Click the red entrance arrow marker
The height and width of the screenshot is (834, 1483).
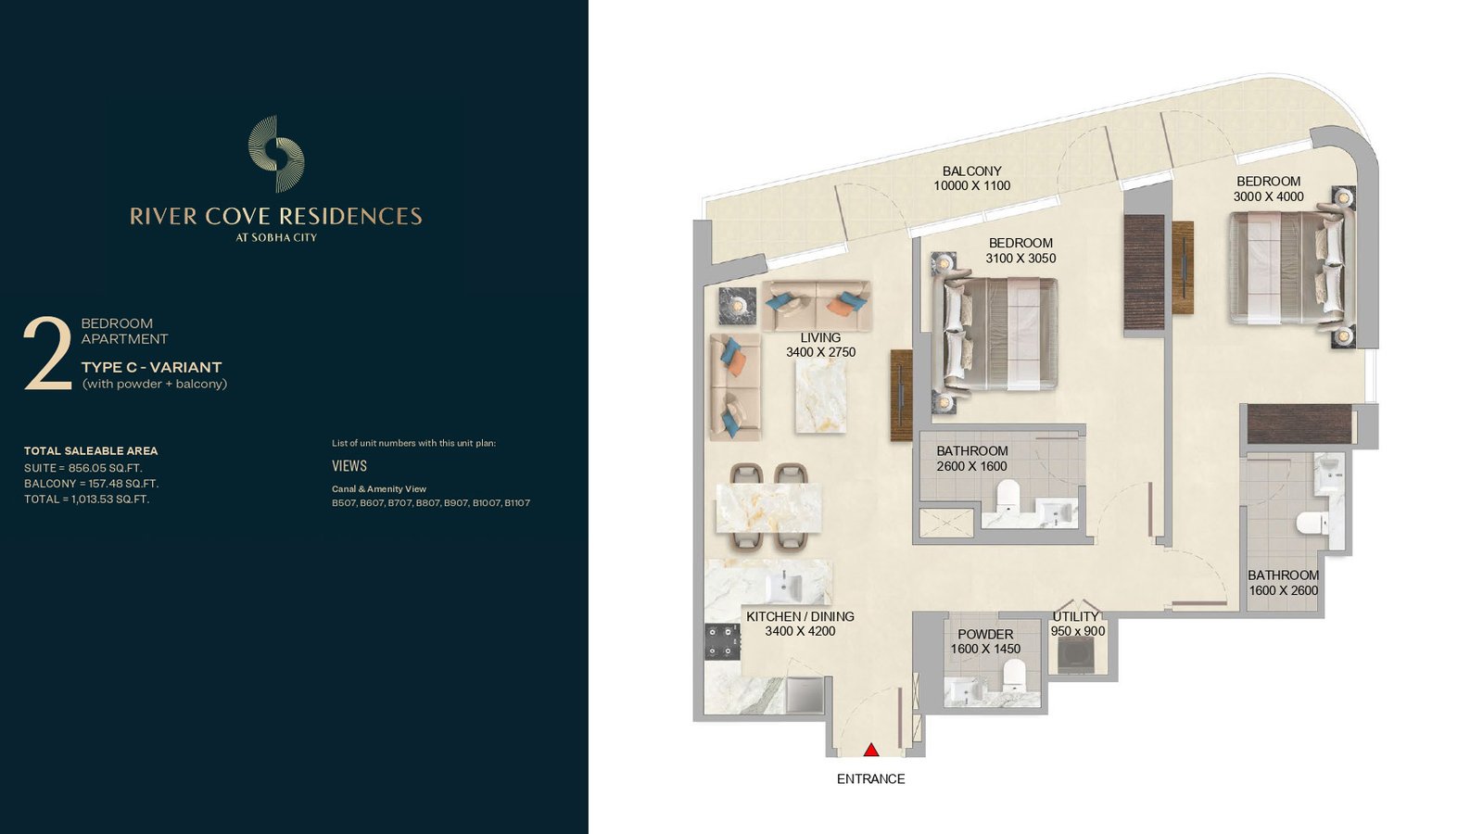coord(871,750)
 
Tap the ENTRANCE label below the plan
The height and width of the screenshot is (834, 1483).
coord(870,779)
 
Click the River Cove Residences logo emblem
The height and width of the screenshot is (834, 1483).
coord(276,154)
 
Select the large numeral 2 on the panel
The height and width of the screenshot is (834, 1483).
coord(47,353)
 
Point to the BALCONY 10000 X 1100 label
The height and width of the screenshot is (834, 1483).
coord(972,179)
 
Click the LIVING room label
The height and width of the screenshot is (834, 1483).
coord(820,337)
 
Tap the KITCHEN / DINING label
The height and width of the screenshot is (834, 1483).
coord(800,616)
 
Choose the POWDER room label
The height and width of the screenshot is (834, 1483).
coord(985,634)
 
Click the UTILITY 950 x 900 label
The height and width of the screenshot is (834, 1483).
coord(1077,624)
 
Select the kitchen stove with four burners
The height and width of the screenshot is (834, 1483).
coord(722,642)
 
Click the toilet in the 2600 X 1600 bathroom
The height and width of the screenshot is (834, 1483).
coord(1008,496)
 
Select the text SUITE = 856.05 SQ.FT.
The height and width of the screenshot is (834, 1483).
coord(83,468)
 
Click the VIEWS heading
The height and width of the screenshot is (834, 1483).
coord(349,466)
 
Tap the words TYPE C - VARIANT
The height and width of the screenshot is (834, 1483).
coord(152,367)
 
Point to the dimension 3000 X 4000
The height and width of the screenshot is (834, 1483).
coord(1269,196)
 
